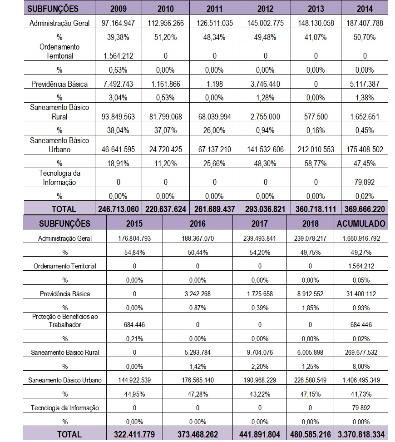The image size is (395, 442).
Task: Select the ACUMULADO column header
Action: point(361,223)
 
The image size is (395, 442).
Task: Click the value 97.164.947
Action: point(119,23)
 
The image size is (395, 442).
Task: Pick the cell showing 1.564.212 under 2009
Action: point(119,56)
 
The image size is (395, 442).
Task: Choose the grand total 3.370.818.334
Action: point(361,434)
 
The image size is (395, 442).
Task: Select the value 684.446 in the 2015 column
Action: point(134,325)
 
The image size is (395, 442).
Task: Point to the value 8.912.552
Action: point(311,293)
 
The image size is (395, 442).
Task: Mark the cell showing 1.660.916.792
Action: point(361,238)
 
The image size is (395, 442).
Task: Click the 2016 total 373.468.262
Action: point(197,434)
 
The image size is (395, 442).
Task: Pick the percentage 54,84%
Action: point(134,252)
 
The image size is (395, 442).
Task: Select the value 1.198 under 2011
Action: point(215,84)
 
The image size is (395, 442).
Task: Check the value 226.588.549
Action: point(311,380)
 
